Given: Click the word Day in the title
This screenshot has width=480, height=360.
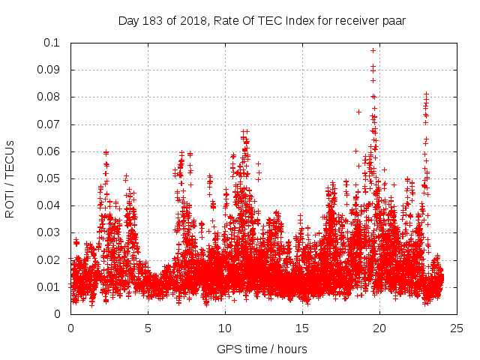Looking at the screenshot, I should pos(128,21).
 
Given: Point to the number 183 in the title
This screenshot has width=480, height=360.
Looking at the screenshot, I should pos(154,21).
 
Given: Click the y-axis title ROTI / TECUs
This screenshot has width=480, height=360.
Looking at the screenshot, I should pos(10,178).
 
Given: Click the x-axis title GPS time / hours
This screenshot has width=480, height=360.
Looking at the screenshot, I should pos(262,349).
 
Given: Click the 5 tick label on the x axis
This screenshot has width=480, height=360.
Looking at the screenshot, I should pos(148,328).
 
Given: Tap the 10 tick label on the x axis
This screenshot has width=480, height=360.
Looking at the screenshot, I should pos(225,328).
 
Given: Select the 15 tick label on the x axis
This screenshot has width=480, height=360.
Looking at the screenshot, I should pos(302,328).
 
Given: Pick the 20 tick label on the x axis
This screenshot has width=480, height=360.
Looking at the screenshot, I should pos(379,328).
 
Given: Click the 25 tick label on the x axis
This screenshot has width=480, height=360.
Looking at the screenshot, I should pos(457,328).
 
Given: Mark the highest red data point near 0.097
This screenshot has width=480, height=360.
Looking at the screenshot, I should pos(373,50).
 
